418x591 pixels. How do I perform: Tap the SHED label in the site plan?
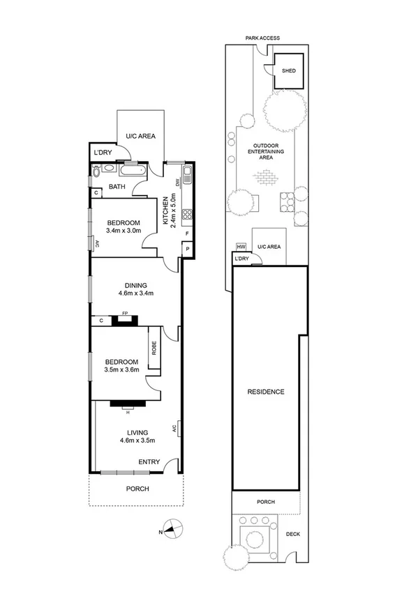click(288, 70)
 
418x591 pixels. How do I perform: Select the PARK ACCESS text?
click(262, 38)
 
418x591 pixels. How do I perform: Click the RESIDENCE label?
click(266, 392)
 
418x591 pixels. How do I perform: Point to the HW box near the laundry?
click(241, 247)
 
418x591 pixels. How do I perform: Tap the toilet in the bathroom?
click(96, 169)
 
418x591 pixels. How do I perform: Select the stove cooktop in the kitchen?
click(187, 214)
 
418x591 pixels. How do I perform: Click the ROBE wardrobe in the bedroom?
click(154, 352)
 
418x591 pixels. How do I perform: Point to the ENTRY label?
click(149, 462)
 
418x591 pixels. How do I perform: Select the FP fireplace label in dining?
click(126, 314)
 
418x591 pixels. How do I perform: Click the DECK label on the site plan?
click(293, 534)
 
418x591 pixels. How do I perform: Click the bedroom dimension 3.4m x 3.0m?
click(124, 230)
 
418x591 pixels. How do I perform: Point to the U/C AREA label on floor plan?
click(140, 136)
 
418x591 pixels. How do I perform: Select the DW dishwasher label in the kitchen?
click(178, 183)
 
